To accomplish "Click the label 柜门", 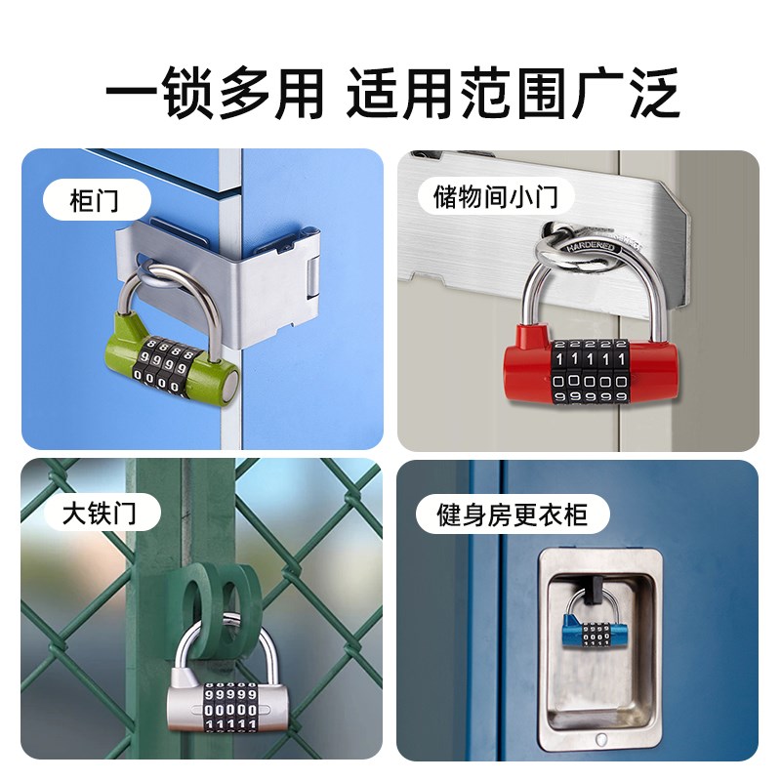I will point(95,201).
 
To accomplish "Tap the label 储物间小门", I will point(495,197).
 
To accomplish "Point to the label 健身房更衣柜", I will point(513,512).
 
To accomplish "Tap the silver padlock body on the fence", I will point(185,701).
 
